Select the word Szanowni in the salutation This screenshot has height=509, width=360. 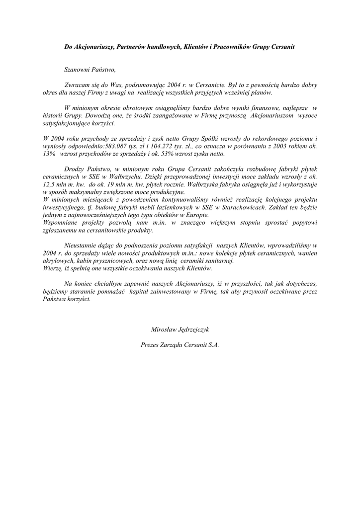pyautogui.click(x=77, y=70)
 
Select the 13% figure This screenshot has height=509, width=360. pyautogui.click(x=49, y=154)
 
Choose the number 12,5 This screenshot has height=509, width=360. pyautogui.click(x=50, y=184)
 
